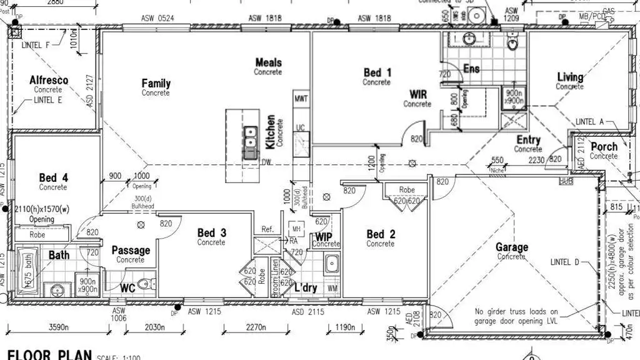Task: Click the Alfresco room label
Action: pos(49,81)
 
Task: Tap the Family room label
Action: pos(156,84)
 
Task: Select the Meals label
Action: pos(268,62)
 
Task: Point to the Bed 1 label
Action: pos(377,73)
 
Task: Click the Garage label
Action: pos(511,247)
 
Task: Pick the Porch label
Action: pos(604,147)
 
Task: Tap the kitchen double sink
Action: pos(250,133)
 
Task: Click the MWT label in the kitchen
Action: pos(301,99)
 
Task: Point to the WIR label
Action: pos(418,94)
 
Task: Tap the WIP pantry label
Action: pos(324,237)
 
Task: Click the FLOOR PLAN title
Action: pos(49,355)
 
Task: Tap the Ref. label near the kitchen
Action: pos(267,229)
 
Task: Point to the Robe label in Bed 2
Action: pos(407,189)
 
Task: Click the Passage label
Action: pos(131,251)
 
